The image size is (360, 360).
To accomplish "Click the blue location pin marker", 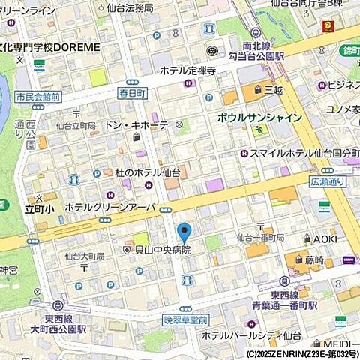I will pyautogui.click(x=184, y=232).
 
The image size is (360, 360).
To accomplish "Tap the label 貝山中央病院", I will pyautogui.click(x=160, y=249).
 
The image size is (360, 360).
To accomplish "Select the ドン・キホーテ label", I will pyautogui.click(x=136, y=125).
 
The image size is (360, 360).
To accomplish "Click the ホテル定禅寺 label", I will pyautogui.click(x=187, y=71).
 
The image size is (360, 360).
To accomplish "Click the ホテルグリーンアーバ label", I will pyautogui.click(x=109, y=207).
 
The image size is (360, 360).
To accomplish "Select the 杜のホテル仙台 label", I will pyautogui.click(x=124, y=172).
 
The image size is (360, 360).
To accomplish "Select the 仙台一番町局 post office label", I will pyautogui.click(x=260, y=237).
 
